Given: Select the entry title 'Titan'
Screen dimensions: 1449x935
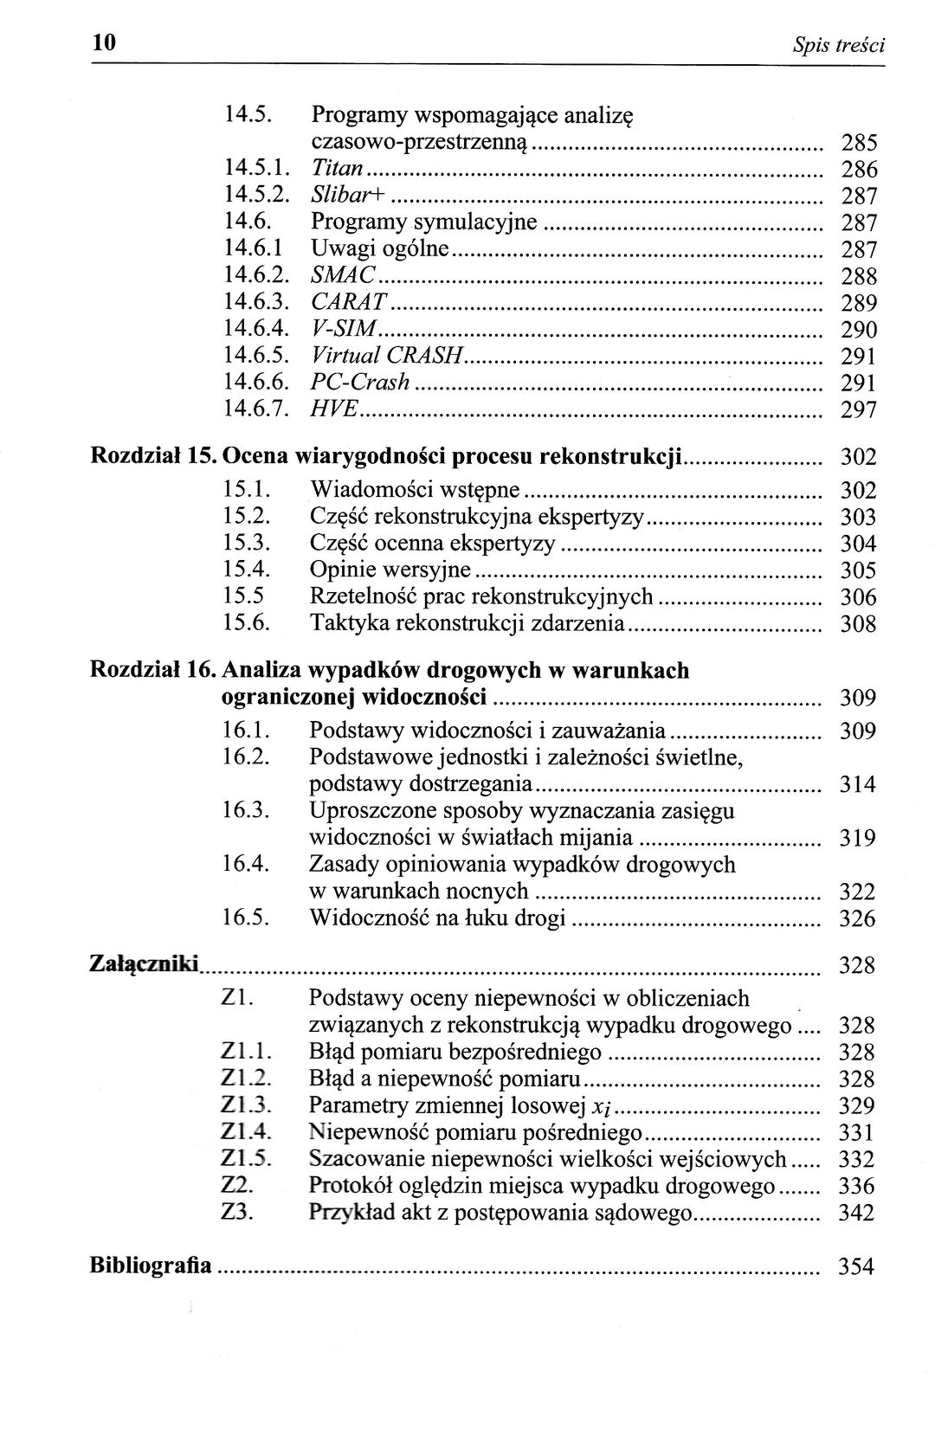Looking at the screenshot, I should click(337, 169).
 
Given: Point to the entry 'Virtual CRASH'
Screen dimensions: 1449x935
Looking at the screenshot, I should click(389, 356).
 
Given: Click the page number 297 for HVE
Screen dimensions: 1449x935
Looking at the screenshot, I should click(859, 410).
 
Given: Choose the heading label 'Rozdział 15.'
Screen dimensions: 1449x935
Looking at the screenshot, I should click(154, 456).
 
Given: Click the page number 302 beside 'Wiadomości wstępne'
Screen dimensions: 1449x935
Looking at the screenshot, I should click(859, 491).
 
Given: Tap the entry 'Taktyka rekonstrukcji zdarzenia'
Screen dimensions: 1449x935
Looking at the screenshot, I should click(467, 623).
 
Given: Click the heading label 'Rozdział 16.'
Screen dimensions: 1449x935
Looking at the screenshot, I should click(154, 671).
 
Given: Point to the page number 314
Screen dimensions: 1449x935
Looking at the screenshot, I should click(858, 785).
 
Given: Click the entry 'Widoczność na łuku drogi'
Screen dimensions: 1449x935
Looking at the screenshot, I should click(437, 918).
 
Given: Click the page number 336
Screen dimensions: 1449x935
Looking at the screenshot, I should click(857, 1186).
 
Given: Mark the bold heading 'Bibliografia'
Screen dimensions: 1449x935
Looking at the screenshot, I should click(151, 1266).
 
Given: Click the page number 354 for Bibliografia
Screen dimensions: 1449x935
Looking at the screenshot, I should click(857, 1268).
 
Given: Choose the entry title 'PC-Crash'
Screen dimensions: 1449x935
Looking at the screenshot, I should click(360, 383).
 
